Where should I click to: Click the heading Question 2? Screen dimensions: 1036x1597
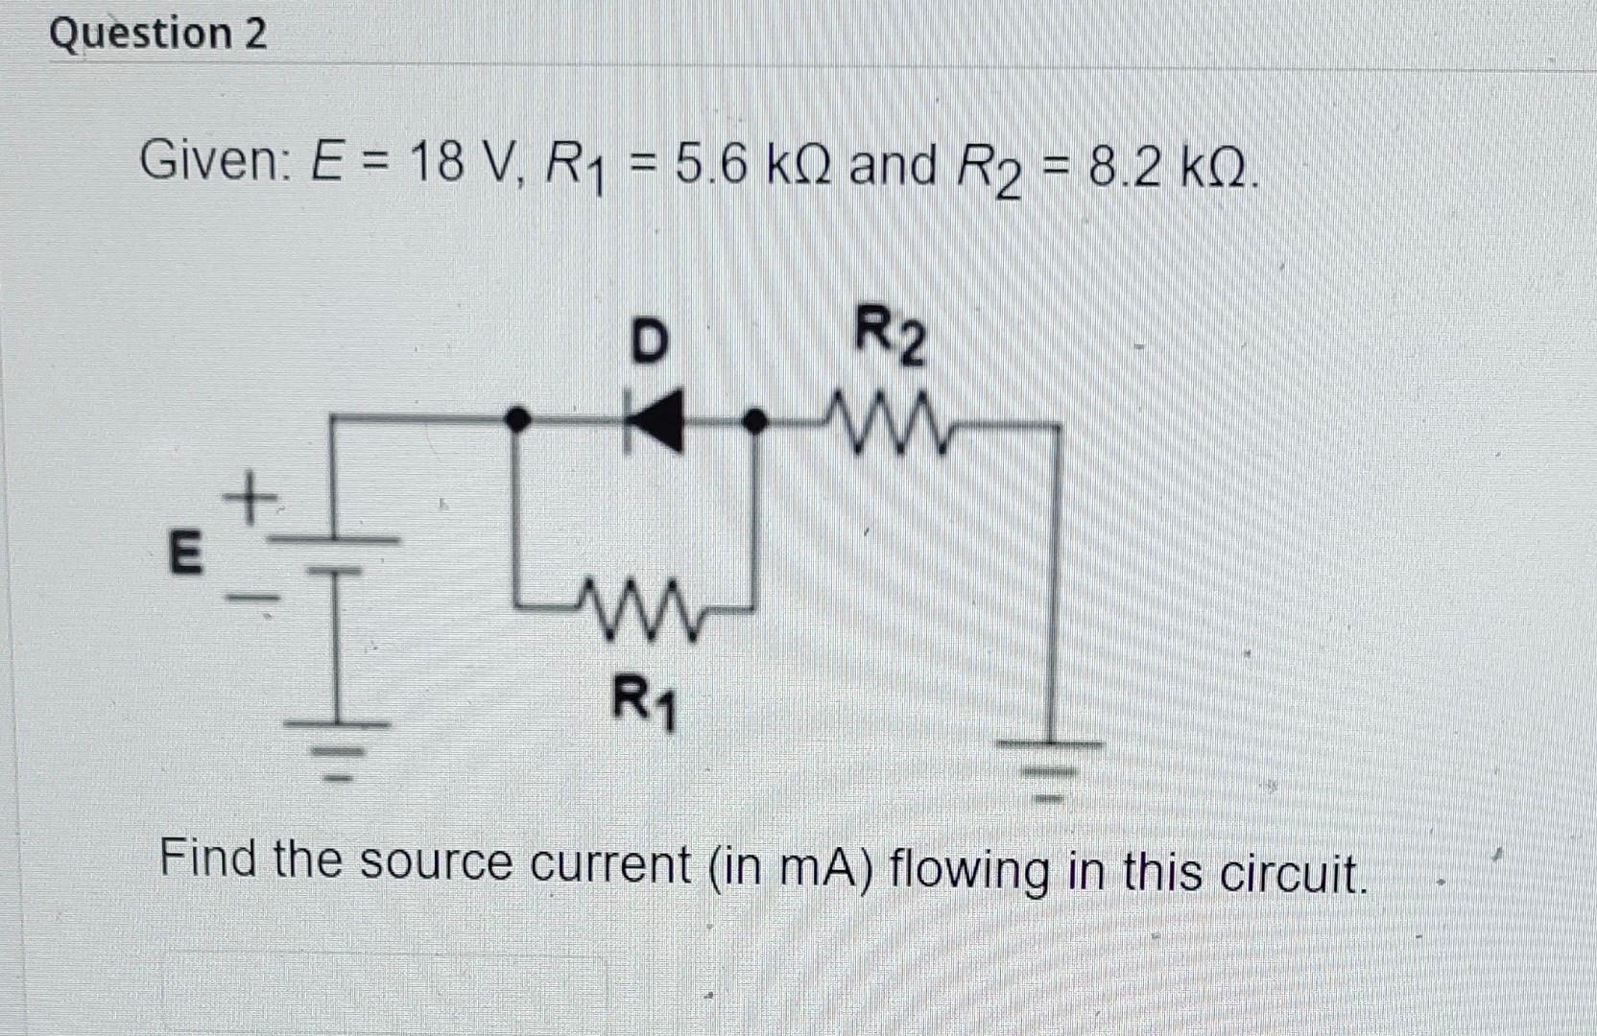coord(158,35)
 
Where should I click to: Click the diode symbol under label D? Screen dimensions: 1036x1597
coord(655,419)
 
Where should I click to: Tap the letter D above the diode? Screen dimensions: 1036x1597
coord(650,341)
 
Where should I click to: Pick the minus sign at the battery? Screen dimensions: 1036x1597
coord(250,598)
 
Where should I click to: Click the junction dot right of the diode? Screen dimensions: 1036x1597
coord(757,419)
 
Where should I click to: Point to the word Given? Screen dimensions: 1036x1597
coord(208,159)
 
